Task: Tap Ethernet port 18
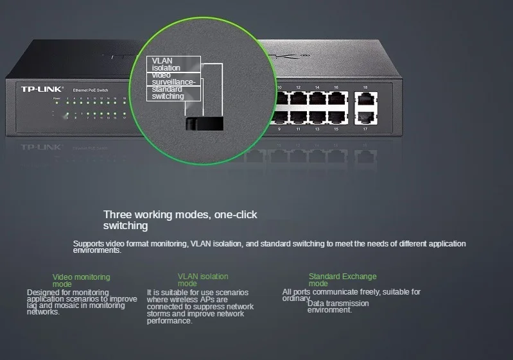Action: (x=365, y=99)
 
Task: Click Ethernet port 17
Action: (x=365, y=117)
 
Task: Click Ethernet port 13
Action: (x=317, y=117)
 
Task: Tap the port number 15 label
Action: (x=336, y=129)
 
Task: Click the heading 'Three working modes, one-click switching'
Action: (x=180, y=220)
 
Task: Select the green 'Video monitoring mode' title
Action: (x=81, y=280)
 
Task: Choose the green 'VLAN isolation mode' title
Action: (x=202, y=280)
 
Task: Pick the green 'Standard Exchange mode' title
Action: (x=342, y=280)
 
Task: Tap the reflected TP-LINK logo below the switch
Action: (x=40, y=147)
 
